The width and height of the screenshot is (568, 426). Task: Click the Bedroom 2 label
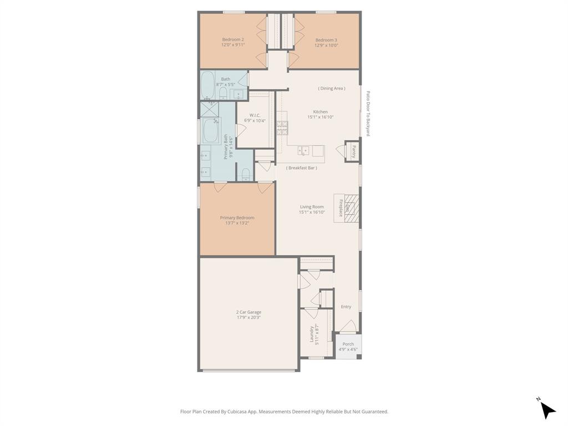pyautogui.click(x=233, y=39)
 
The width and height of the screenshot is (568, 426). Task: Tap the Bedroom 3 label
pyautogui.click(x=326, y=40)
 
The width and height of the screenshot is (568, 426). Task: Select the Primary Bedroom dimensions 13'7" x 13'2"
pyautogui.click(x=237, y=223)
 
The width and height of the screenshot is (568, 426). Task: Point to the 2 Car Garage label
pyautogui.click(x=248, y=312)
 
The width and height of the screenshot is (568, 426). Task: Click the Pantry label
pyautogui.click(x=353, y=151)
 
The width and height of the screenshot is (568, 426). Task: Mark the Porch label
pyautogui.click(x=348, y=344)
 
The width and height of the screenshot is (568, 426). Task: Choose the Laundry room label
pyautogui.click(x=312, y=334)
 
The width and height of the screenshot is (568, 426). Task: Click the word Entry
pyautogui.click(x=346, y=307)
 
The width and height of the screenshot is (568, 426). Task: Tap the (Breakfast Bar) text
pyautogui.click(x=302, y=168)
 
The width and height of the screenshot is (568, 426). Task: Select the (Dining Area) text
pyautogui.click(x=332, y=88)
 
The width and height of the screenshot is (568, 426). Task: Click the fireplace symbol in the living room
pyautogui.click(x=352, y=208)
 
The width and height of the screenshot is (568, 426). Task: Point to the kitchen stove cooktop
pyautogui.click(x=282, y=128)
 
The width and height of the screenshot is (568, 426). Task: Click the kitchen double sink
pyautogui.click(x=303, y=150)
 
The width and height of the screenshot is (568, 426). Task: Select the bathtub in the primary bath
pyautogui.click(x=211, y=131)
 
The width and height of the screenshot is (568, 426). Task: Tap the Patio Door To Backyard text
pyautogui.click(x=368, y=114)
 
